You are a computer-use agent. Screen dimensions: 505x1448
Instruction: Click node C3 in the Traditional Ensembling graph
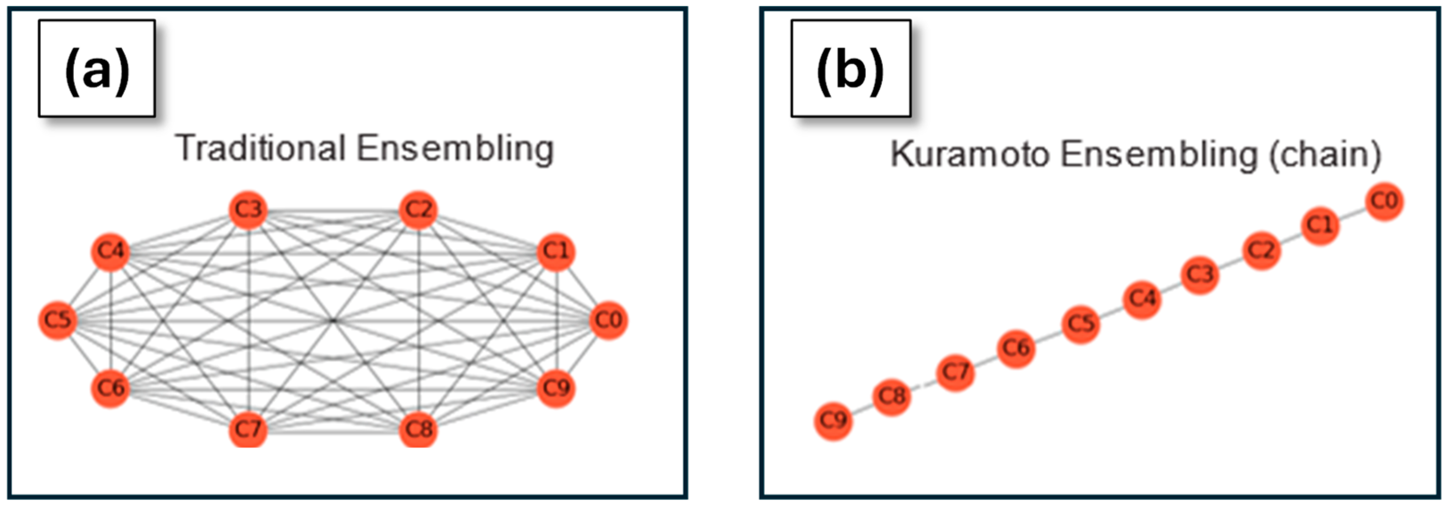pyautogui.click(x=248, y=210)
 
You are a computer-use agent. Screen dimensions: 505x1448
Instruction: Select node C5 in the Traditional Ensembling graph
pyautogui.click(x=57, y=320)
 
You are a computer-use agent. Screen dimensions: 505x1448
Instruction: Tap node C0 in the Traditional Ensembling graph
pyautogui.click(x=608, y=320)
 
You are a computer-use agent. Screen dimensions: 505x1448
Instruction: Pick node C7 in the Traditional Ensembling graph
pyautogui.click(x=248, y=429)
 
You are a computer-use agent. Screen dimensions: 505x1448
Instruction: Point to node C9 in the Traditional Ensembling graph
pyautogui.click(x=556, y=387)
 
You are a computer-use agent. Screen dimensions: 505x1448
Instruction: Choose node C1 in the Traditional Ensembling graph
pyautogui.click(x=556, y=251)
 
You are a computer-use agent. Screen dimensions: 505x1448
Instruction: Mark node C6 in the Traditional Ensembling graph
pyautogui.click(x=110, y=387)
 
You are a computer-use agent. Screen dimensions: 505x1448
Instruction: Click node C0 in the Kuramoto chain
pyautogui.click(x=1384, y=201)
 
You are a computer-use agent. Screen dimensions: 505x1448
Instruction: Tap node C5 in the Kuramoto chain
pyautogui.click(x=1080, y=324)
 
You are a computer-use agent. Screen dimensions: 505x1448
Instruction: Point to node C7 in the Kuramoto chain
pyautogui.click(x=955, y=372)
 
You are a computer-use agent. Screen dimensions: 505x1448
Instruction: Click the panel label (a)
pyautogui.click(x=97, y=69)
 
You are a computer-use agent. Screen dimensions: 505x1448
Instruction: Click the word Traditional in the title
pyautogui.click(x=260, y=148)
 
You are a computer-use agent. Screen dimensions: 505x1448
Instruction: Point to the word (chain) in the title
pyautogui.click(x=1324, y=155)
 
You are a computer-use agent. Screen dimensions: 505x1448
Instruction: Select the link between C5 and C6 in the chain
pyautogui.click(x=1048, y=336)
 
